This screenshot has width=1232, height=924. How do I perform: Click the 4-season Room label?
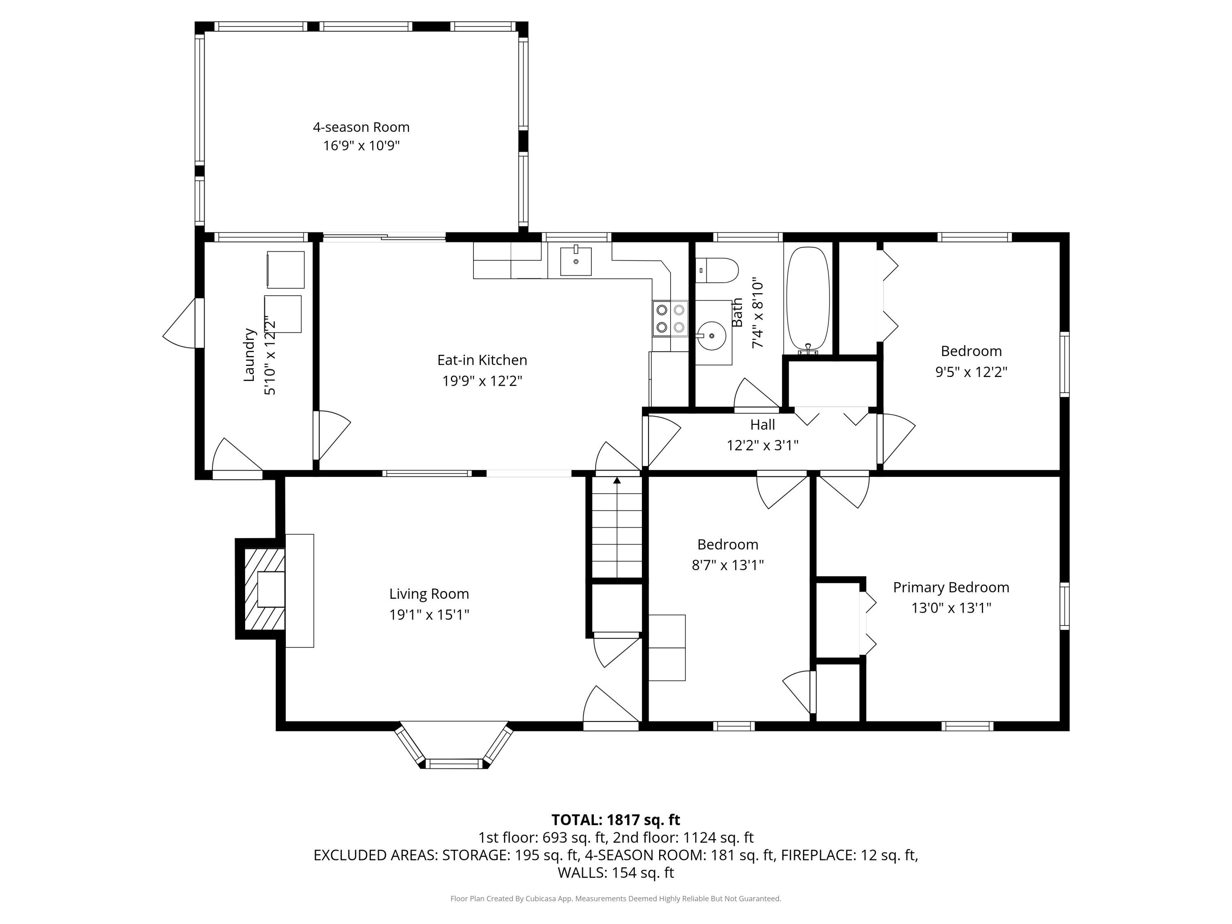[x=361, y=127]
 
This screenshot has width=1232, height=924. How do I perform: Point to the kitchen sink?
[x=575, y=262]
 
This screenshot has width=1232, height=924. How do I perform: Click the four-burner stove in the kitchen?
[x=671, y=319]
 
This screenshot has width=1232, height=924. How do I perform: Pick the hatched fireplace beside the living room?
[x=264, y=589]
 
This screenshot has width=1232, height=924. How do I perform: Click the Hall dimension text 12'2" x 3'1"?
[x=763, y=445]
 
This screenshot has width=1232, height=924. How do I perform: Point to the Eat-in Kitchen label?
[x=482, y=360]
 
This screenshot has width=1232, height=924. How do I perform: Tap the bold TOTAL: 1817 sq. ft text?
[x=616, y=820]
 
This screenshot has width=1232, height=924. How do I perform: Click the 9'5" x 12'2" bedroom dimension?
[x=971, y=372]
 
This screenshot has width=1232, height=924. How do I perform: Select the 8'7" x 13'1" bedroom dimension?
[x=727, y=565]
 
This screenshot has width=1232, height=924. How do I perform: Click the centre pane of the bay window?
[x=455, y=763]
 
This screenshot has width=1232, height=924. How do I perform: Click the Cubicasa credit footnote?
[x=616, y=899]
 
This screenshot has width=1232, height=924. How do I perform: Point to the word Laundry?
[x=249, y=355]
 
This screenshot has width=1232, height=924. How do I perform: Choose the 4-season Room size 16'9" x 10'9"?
[x=361, y=146]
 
